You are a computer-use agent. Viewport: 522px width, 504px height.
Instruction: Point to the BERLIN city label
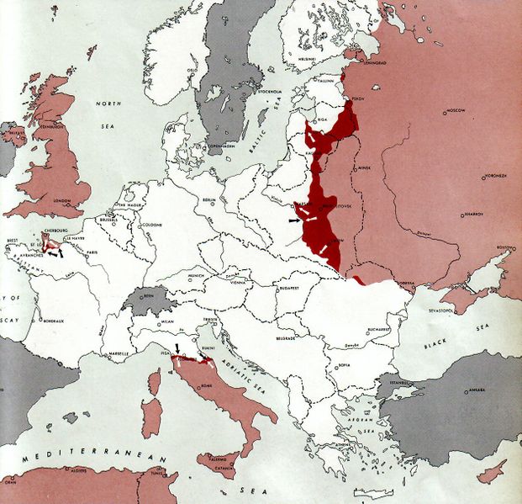[210, 199]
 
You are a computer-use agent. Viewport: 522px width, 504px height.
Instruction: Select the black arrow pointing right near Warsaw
[293, 220]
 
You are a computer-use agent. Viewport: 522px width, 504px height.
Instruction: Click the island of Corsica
[154, 382]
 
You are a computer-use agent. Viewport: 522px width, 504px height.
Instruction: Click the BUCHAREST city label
[377, 329]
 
